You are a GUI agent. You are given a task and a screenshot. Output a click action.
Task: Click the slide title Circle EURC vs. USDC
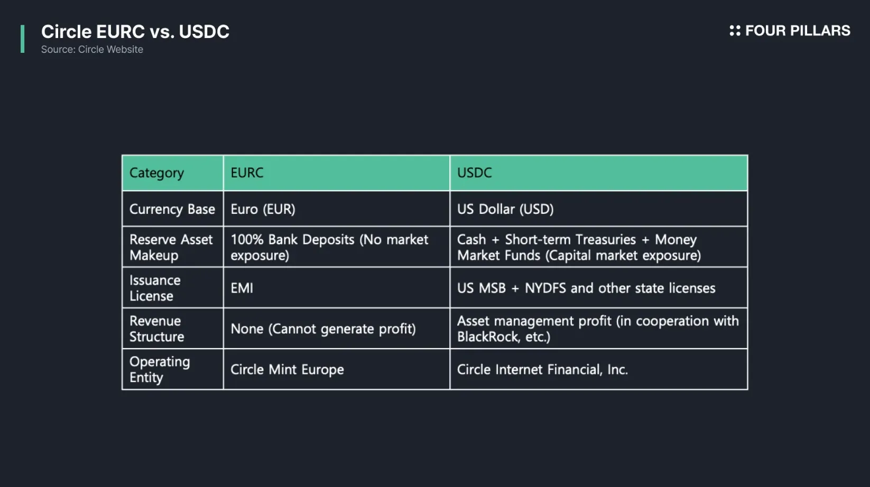[135, 32]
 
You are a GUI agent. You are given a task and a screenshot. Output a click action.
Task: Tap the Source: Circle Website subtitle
[92, 49]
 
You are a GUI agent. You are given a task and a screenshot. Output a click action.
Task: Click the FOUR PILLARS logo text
[798, 31]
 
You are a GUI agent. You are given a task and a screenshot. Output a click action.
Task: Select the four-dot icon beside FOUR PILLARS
[735, 31]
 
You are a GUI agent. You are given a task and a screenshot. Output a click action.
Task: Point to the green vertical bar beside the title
[23, 39]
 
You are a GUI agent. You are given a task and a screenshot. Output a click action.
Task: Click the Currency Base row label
[172, 209]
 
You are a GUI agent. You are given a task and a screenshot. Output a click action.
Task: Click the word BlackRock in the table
[488, 336]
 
